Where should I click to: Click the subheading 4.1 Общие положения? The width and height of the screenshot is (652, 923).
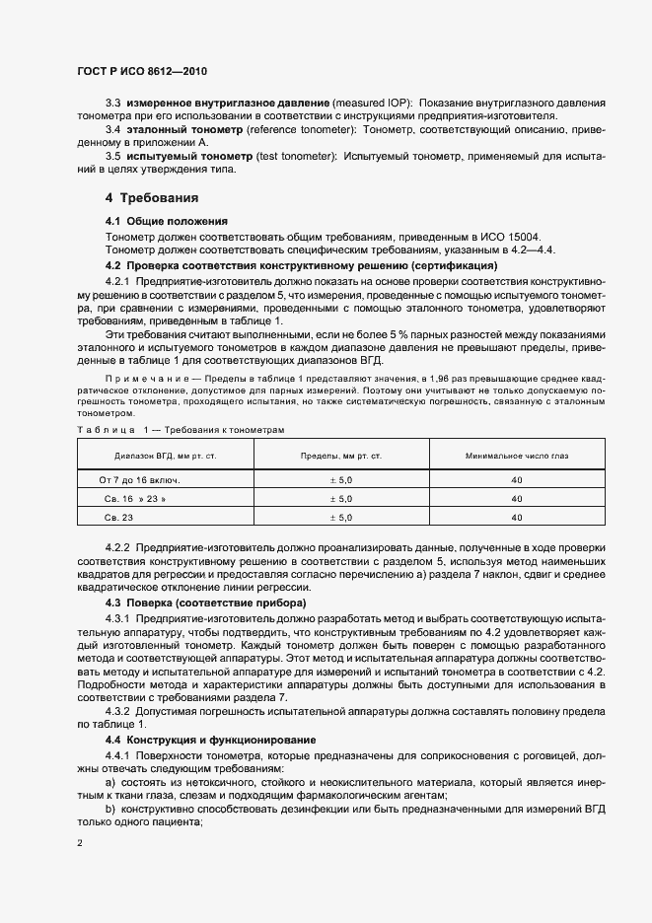click(167, 220)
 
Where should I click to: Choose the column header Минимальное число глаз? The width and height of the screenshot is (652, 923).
click(517, 455)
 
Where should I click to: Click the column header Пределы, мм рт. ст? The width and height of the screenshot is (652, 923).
click(340, 455)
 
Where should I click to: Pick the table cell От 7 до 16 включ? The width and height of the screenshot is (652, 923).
click(139, 478)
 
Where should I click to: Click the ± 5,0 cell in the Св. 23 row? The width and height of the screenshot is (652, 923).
click(339, 517)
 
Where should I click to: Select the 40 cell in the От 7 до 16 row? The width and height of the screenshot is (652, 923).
click(517, 478)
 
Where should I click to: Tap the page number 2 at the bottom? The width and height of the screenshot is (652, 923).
click(81, 843)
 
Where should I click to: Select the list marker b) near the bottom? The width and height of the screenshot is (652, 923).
click(110, 808)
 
